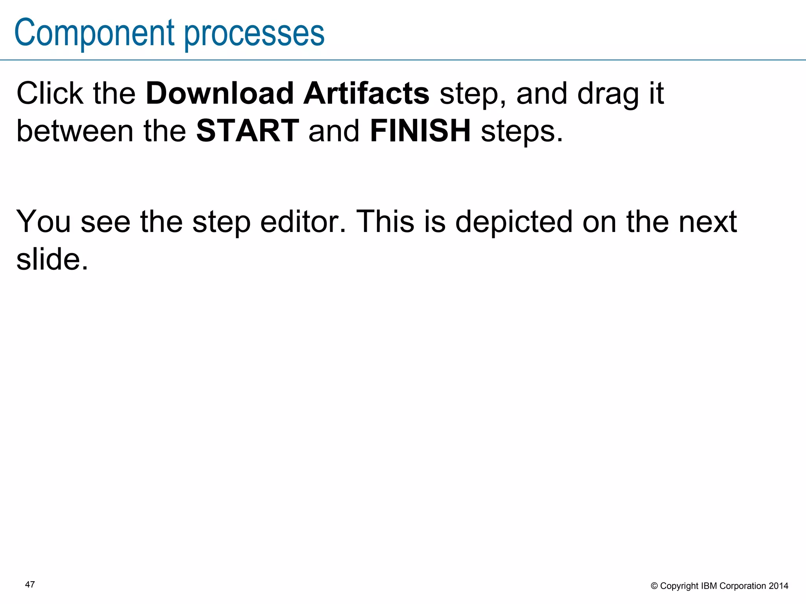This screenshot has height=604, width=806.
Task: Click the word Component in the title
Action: click(x=94, y=33)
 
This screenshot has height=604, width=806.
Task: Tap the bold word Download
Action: click(x=220, y=94)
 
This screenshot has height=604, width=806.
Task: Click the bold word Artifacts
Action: click(x=366, y=94)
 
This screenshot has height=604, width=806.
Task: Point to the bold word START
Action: click(x=248, y=131)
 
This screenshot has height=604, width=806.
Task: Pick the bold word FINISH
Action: click(x=420, y=131)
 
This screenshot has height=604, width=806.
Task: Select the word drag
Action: click(x=608, y=94)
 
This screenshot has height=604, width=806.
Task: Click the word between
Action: click(x=75, y=131)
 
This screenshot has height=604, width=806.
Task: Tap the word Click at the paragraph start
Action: click(x=50, y=94)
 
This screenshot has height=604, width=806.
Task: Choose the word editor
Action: click(x=303, y=222)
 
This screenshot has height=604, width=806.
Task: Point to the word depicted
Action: click(x=514, y=222)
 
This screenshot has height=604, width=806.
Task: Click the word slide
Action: click(x=52, y=260)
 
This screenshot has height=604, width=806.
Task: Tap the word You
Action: click(x=43, y=222)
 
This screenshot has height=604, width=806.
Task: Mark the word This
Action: click(x=386, y=222)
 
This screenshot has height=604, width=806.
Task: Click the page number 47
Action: click(x=30, y=584)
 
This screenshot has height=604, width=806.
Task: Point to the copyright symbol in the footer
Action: click(x=654, y=586)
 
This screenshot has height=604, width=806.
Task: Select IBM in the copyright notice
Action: click(x=709, y=586)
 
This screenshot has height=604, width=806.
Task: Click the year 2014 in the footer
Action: click(x=778, y=586)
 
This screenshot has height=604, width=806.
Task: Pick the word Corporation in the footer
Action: click(x=742, y=586)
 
